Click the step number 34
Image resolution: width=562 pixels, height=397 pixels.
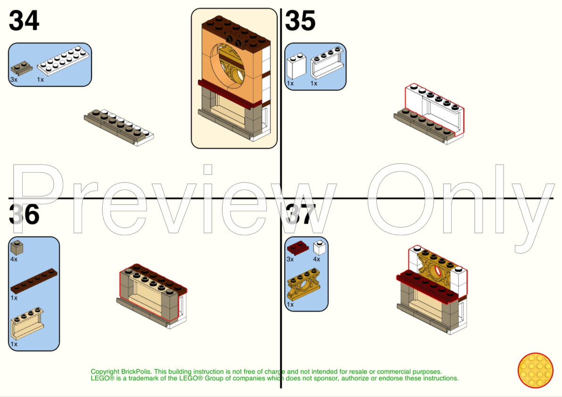coord(24,21)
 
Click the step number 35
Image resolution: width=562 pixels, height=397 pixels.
coord(300,21)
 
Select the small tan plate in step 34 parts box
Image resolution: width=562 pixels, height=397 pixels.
coord(22,68)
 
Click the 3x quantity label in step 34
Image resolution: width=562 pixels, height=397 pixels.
coord(14,80)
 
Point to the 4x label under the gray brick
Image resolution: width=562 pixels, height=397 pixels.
coord(14,259)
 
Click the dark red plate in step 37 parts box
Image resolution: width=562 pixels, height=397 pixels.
coord(297,247)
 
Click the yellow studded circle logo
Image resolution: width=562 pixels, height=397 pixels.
coord(535,370)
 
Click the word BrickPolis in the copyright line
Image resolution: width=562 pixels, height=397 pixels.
coord(135,372)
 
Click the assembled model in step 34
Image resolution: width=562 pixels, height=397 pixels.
coord(119,127)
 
